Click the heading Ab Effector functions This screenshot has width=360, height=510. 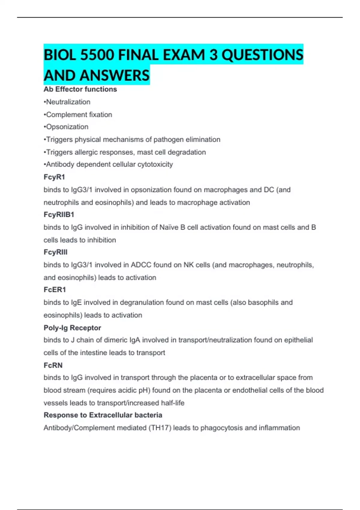click(x=80, y=89)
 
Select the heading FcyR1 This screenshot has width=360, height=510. click(x=54, y=177)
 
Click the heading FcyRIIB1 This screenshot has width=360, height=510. click(x=59, y=214)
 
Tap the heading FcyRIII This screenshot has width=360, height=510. click(x=55, y=252)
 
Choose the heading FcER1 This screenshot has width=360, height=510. click(x=55, y=290)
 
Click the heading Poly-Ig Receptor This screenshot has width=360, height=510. click(x=72, y=328)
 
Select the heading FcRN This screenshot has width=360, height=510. click(x=53, y=365)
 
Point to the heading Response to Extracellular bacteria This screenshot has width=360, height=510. click(x=103, y=415)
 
